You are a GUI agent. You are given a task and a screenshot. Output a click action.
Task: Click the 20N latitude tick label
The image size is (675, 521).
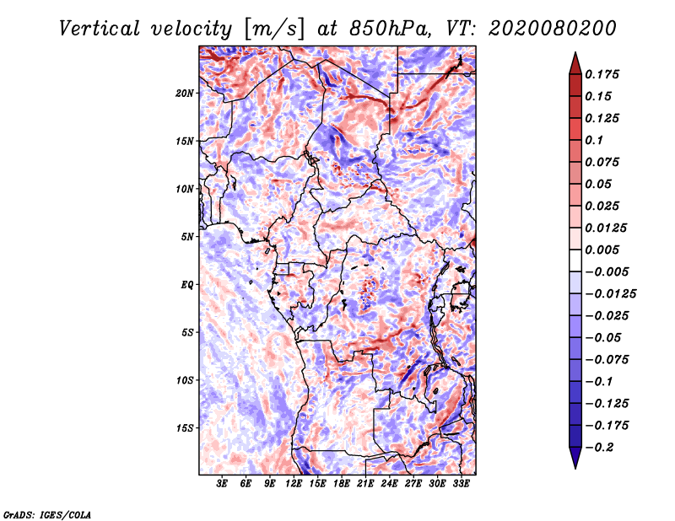pyautogui.click(x=185, y=93)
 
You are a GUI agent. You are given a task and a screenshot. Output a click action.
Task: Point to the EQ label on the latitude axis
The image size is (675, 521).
pyautogui.click(x=187, y=285)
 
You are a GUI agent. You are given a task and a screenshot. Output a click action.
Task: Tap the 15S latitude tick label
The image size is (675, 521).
pyautogui.click(x=185, y=428)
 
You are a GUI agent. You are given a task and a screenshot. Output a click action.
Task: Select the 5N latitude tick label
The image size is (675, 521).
pyautogui.click(x=187, y=237)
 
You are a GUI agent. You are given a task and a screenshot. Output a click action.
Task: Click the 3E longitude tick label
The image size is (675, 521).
pyautogui.click(x=222, y=483)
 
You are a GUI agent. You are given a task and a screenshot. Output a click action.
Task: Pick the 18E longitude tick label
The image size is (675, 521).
pyautogui.click(x=342, y=483)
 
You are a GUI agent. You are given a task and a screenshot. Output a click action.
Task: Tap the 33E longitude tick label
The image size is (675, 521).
pyautogui.click(x=461, y=483)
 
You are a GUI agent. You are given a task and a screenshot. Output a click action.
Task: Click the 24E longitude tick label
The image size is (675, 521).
pyautogui.click(x=389, y=483)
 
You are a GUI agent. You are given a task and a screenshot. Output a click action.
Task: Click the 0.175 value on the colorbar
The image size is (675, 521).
pyautogui.click(x=602, y=74)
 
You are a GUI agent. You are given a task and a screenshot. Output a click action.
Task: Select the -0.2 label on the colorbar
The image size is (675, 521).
pyautogui.click(x=599, y=448)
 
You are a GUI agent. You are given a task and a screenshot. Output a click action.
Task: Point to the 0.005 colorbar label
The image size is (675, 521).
pyautogui.click(x=602, y=250)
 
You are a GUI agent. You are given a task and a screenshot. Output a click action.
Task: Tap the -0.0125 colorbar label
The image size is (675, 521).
pyautogui.click(x=610, y=294)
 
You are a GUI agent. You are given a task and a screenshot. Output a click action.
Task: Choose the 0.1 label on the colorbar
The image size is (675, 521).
pyautogui.click(x=594, y=140)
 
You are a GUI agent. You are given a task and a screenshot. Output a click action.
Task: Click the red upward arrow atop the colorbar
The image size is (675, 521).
pyautogui.click(x=575, y=63)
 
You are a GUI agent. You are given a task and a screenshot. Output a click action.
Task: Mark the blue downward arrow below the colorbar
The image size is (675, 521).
pyautogui.click(x=575, y=458)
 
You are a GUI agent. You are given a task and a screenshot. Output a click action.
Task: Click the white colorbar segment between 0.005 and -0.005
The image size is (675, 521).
pyautogui.click(x=575, y=260)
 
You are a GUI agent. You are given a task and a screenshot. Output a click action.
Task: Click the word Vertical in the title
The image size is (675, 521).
pyautogui.click(x=99, y=29)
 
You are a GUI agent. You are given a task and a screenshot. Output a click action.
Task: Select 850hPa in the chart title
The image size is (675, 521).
pyautogui.click(x=390, y=29)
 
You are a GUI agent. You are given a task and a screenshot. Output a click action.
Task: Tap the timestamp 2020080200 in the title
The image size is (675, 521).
pyautogui.click(x=553, y=29)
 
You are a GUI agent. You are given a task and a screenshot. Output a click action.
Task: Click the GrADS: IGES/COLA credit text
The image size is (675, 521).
pyautogui.click(x=47, y=514)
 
